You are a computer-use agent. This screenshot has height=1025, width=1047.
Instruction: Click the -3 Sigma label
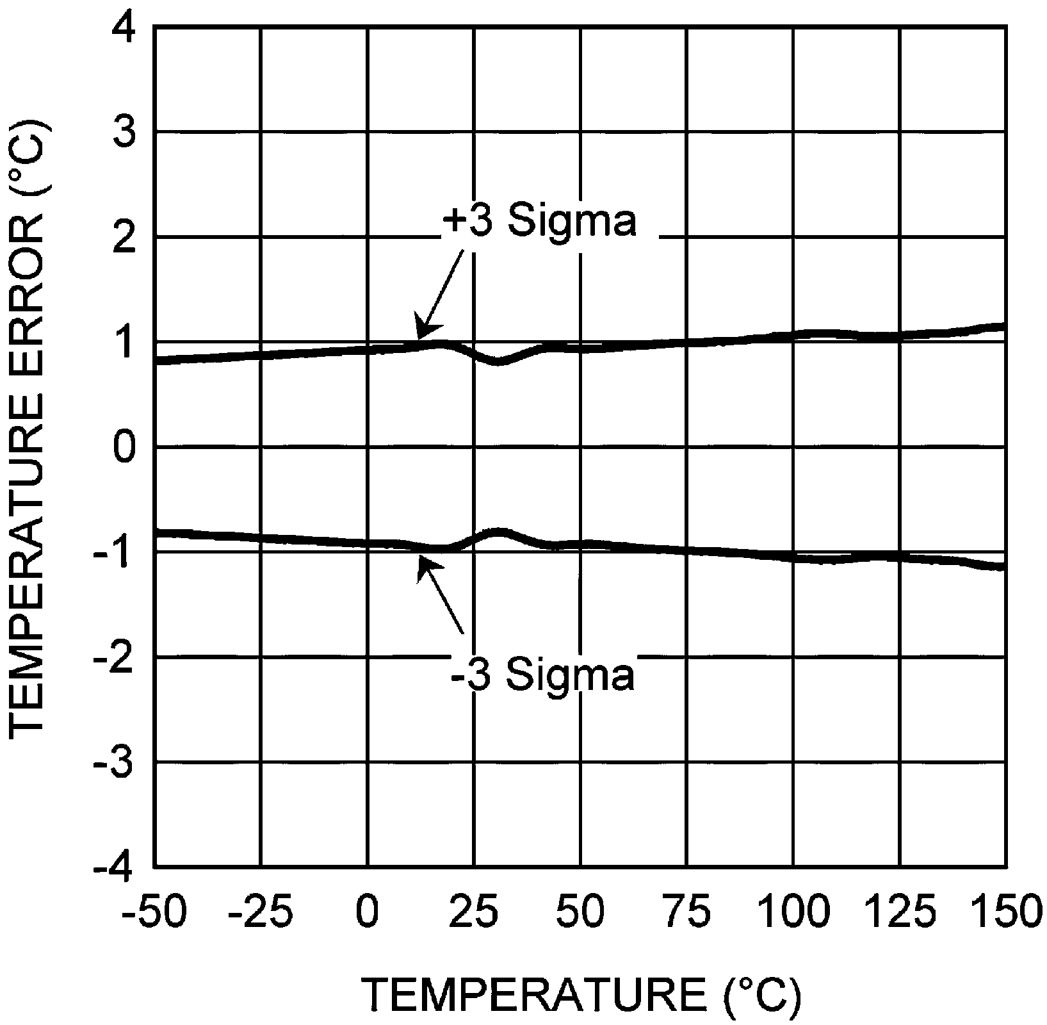click(542, 673)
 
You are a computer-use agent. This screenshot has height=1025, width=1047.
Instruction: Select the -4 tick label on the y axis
click(115, 867)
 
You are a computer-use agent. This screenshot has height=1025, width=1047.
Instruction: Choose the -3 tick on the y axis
click(115, 762)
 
